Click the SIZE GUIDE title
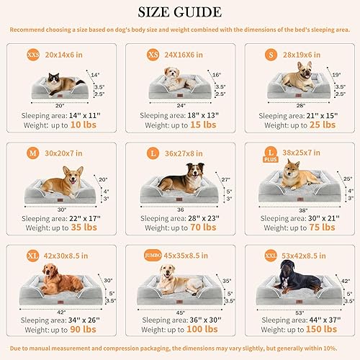[180, 12]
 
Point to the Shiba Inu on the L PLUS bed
[296, 177]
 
